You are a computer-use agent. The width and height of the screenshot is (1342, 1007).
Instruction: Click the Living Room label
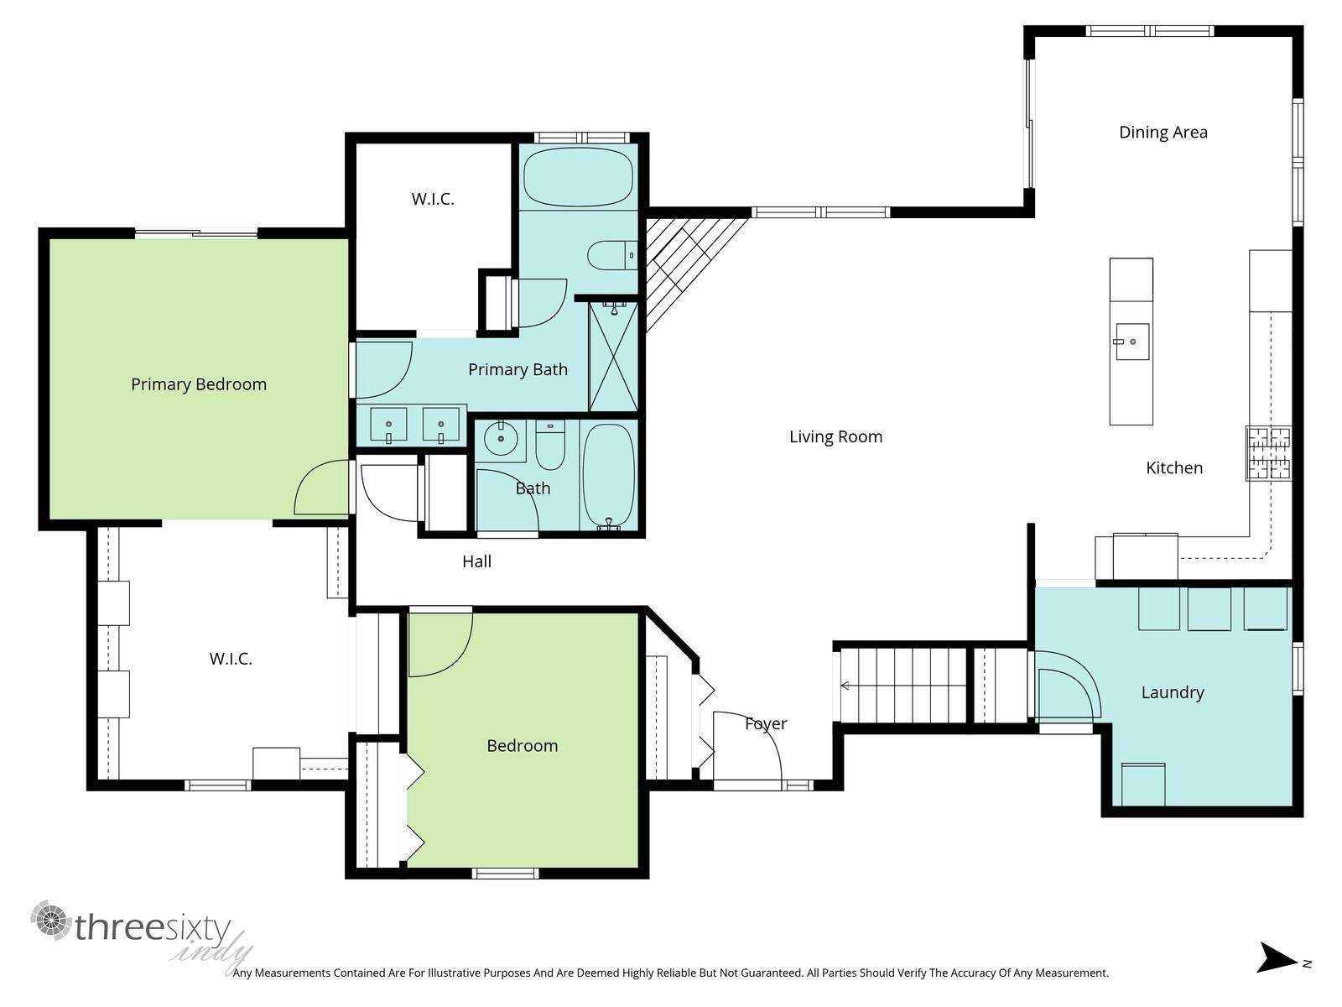[x=835, y=437]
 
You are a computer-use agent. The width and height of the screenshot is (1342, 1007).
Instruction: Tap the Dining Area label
[x=1163, y=133]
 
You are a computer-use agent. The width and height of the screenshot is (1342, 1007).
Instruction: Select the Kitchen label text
[x=1174, y=468]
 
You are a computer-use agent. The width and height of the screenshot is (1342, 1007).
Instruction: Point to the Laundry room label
[x=1173, y=693]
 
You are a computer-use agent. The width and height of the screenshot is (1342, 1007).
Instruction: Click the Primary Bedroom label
[x=199, y=384]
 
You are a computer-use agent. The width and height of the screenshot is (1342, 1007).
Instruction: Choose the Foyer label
[x=766, y=724]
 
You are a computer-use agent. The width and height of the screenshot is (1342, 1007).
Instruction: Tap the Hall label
[x=476, y=561]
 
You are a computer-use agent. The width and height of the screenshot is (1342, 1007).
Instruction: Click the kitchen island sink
[x=1131, y=342]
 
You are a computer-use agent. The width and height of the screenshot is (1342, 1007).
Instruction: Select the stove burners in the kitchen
[x=1269, y=453]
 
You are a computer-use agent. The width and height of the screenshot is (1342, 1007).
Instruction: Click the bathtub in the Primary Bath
[x=578, y=177]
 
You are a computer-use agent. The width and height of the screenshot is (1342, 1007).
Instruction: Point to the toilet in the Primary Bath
[x=612, y=255]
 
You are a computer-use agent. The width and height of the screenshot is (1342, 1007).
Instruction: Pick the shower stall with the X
[x=613, y=357]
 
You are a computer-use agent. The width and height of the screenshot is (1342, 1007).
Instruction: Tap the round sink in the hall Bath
[x=501, y=438]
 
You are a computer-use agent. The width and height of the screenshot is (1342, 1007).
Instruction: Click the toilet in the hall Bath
[x=550, y=445]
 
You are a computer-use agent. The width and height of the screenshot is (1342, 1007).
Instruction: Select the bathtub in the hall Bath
[x=608, y=475]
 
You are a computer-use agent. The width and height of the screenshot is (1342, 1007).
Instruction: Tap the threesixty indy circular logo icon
[x=51, y=921]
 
